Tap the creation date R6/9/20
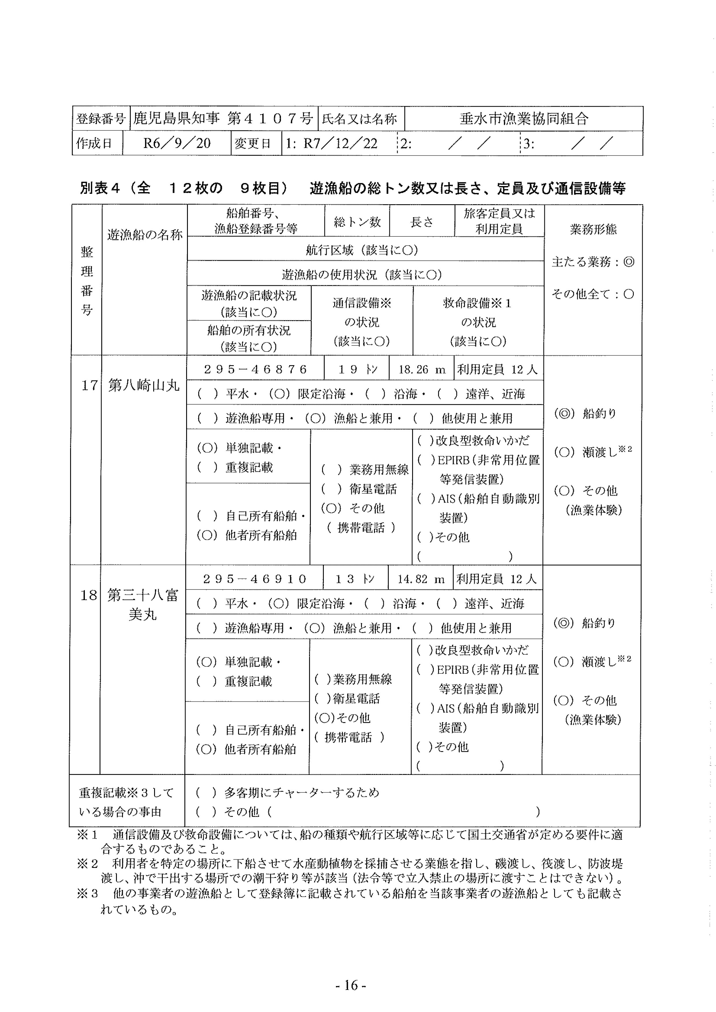pyautogui.click(x=177, y=143)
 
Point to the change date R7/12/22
pyautogui.click(x=340, y=143)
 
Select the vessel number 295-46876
pyautogui.click(x=255, y=369)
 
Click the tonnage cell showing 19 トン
pyautogui.click(x=357, y=369)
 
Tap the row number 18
pyautogui.click(x=88, y=595)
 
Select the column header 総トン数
pyautogui.click(x=357, y=222)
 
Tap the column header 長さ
pyautogui.click(x=422, y=222)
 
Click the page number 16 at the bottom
pyautogui.click(x=351, y=985)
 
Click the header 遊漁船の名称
pyautogui.click(x=145, y=235)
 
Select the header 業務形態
pyautogui.click(x=593, y=229)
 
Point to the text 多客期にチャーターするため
pyautogui.click(x=302, y=792)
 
